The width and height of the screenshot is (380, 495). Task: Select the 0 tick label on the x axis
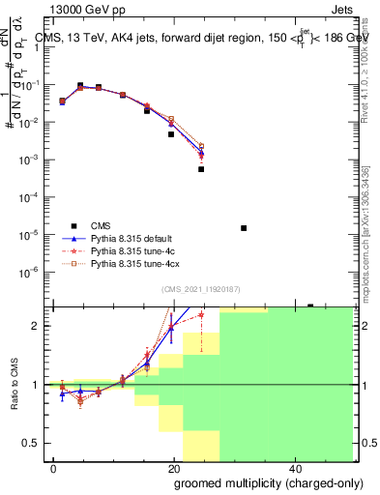pyautogui.click(x=53, y=468)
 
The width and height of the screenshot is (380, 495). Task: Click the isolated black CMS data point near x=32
pyautogui.click(x=244, y=228)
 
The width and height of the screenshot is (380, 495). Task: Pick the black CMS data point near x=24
pyautogui.click(x=201, y=169)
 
